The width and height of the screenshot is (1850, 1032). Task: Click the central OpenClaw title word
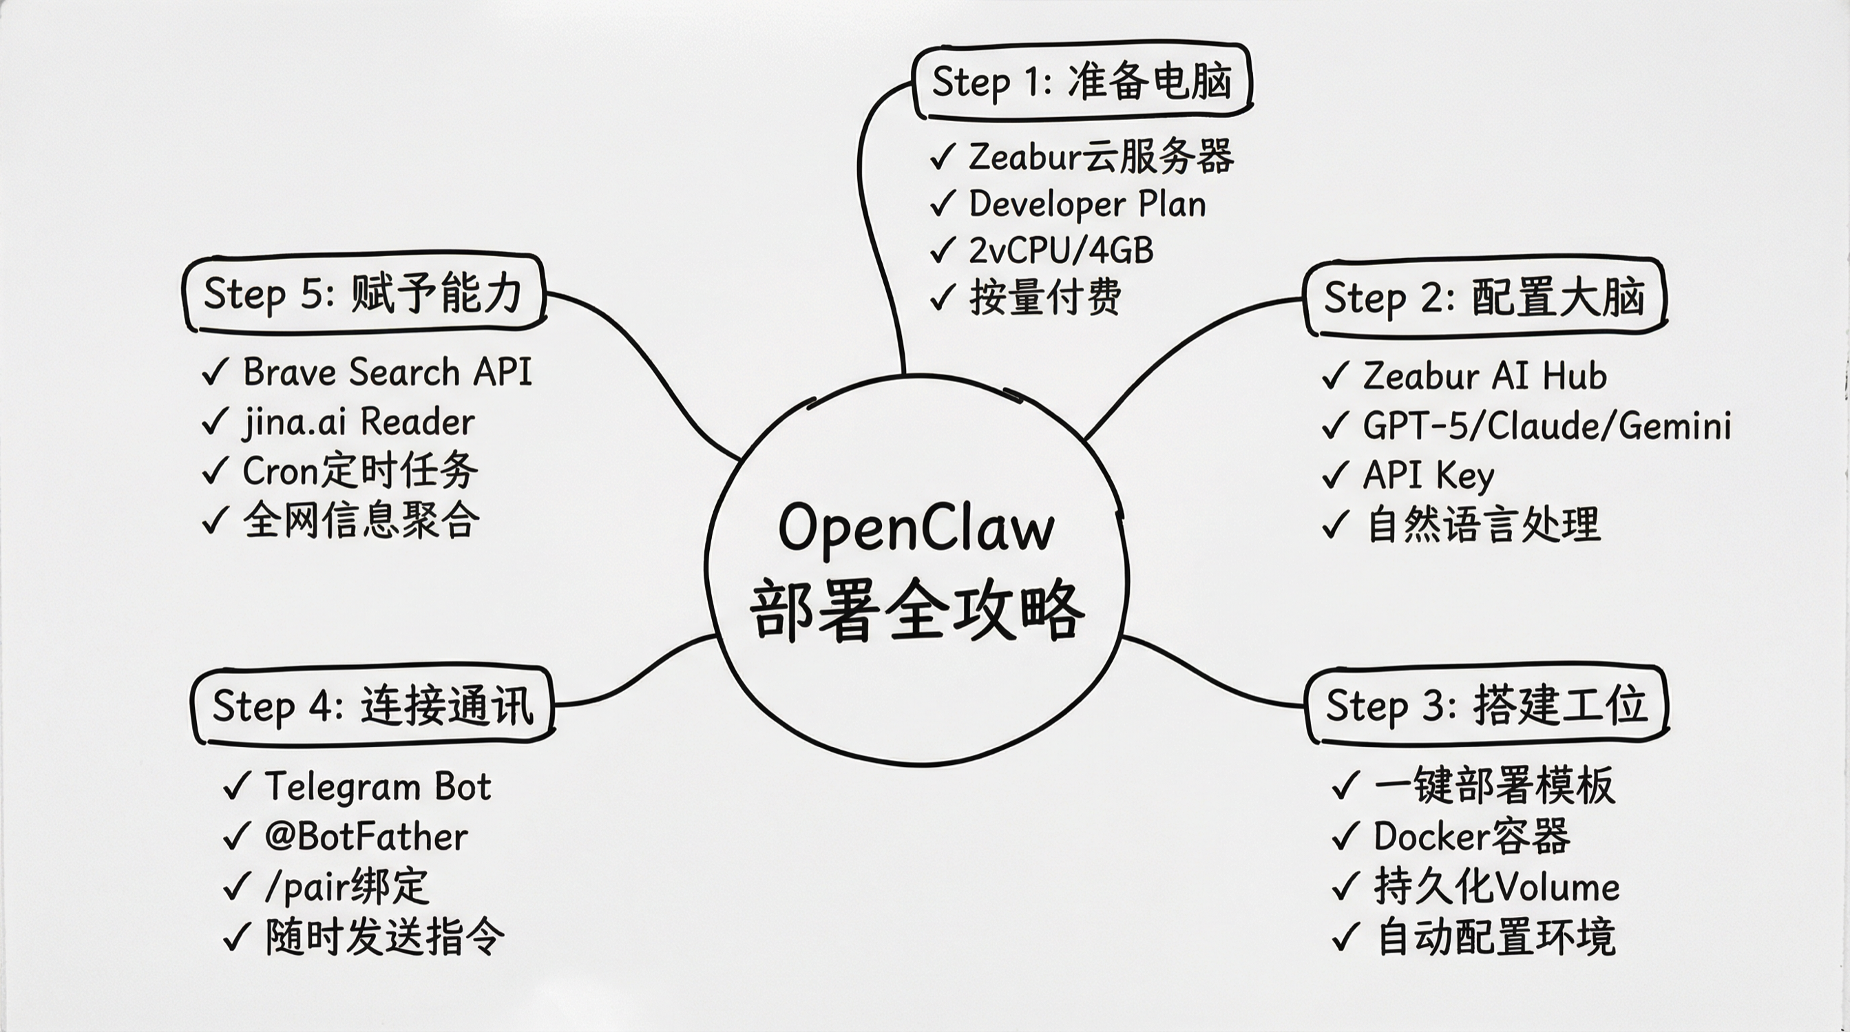916,529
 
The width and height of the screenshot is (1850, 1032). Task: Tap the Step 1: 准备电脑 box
1082,81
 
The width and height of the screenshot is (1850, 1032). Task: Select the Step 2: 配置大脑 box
1484,297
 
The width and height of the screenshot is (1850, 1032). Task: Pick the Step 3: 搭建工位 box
1485,704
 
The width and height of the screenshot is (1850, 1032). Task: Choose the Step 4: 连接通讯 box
372,706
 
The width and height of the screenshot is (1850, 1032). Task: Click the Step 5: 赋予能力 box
363,293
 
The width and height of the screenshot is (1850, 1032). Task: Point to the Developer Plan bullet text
1087,204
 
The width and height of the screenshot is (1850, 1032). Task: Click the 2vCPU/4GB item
1061,251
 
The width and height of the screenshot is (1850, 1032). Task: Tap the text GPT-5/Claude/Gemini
1546,426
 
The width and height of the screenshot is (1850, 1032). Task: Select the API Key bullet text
1428,476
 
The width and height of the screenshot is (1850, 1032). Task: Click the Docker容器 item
1471,836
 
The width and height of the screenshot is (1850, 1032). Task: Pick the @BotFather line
366,836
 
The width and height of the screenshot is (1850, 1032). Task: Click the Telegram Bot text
378,786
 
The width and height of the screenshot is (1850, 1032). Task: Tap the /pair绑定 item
346,887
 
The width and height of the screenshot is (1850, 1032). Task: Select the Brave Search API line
387,372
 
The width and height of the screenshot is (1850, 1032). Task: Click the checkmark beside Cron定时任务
215,472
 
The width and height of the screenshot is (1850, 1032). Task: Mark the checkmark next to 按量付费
943,297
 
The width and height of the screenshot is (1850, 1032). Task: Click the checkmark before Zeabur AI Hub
1335,377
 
